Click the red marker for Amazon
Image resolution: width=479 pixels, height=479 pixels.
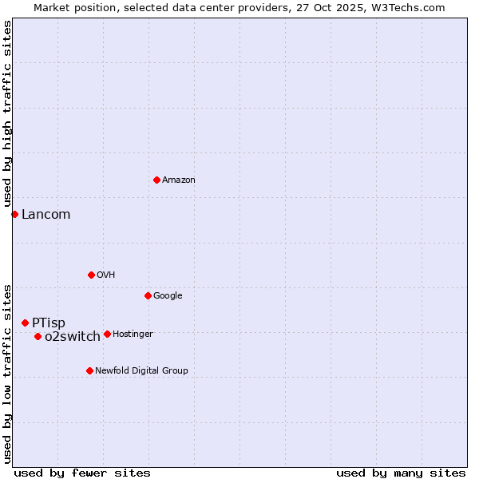point(156,180)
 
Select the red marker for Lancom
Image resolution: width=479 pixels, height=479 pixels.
point(14,214)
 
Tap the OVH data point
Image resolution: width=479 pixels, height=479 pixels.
point(91,275)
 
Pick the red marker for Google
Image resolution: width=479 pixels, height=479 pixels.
point(148,295)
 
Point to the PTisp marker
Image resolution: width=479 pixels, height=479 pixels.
point(25,323)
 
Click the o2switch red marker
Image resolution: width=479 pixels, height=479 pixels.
point(38,336)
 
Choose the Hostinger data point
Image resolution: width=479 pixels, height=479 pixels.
point(107,334)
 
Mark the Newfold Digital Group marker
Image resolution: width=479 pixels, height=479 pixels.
point(89,370)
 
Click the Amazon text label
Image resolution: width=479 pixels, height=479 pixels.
point(179,180)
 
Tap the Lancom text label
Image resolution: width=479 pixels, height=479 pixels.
point(46,214)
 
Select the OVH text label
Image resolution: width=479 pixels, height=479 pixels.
point(106,275)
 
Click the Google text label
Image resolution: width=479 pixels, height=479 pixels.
point(168,296)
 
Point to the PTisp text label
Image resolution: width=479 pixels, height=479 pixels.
point(49,323)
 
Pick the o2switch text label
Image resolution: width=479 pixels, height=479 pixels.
point(73,337)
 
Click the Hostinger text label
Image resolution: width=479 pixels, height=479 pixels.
point(133,335)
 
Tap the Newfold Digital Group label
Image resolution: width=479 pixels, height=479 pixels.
point(141,371)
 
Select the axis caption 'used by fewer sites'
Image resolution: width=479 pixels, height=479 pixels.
point(82,473)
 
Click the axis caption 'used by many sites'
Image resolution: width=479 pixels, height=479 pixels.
point(401,473)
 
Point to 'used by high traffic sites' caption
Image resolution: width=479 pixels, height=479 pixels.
point(7,114)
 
